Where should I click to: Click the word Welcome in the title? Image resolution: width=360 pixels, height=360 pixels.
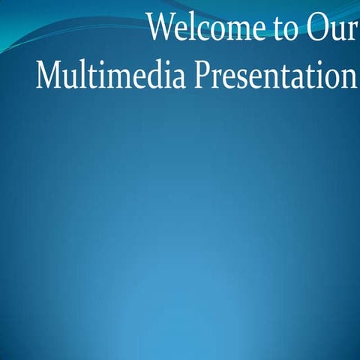pos(202,28)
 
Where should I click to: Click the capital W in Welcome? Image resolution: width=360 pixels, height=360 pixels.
pos(161,27)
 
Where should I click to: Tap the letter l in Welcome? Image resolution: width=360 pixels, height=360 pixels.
pos(188,26)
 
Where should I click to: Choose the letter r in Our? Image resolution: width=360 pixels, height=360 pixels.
pos(350,31)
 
